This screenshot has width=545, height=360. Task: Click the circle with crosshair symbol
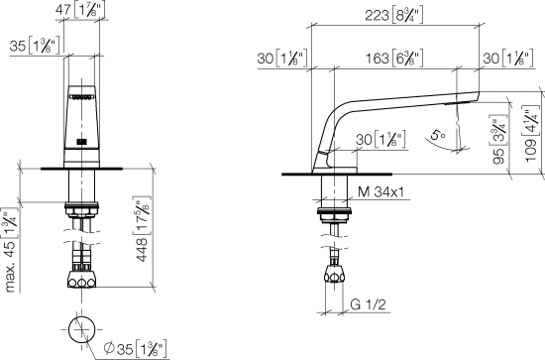[x=82, y=329]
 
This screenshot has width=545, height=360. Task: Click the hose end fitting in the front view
[x=82, y=279]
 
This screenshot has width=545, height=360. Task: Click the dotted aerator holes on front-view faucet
[x=82, y=98]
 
